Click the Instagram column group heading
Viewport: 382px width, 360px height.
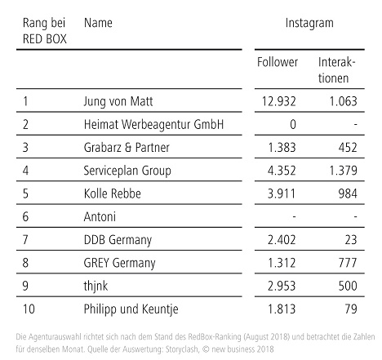309,24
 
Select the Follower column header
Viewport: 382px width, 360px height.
278,62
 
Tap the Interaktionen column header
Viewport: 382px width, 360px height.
336,70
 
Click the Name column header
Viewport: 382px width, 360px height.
98,23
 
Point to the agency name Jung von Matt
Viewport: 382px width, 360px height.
118,101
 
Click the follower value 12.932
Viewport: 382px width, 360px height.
278,101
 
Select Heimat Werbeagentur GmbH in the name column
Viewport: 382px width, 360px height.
153,124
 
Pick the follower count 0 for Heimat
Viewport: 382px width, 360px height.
292,124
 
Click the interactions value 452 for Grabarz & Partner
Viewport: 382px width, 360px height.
348,148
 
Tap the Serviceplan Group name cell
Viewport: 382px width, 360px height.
127,171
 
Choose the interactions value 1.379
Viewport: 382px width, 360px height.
343,171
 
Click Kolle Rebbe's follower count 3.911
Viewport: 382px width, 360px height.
282,193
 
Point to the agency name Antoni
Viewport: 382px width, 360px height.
100,217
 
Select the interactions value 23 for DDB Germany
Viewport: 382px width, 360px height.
351,240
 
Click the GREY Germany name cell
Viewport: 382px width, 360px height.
119,263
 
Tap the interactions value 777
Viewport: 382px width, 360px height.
348,263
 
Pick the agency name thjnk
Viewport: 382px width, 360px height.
95,287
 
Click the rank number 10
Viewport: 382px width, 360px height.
29,309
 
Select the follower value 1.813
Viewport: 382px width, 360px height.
282,309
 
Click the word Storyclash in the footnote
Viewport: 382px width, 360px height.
182,349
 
